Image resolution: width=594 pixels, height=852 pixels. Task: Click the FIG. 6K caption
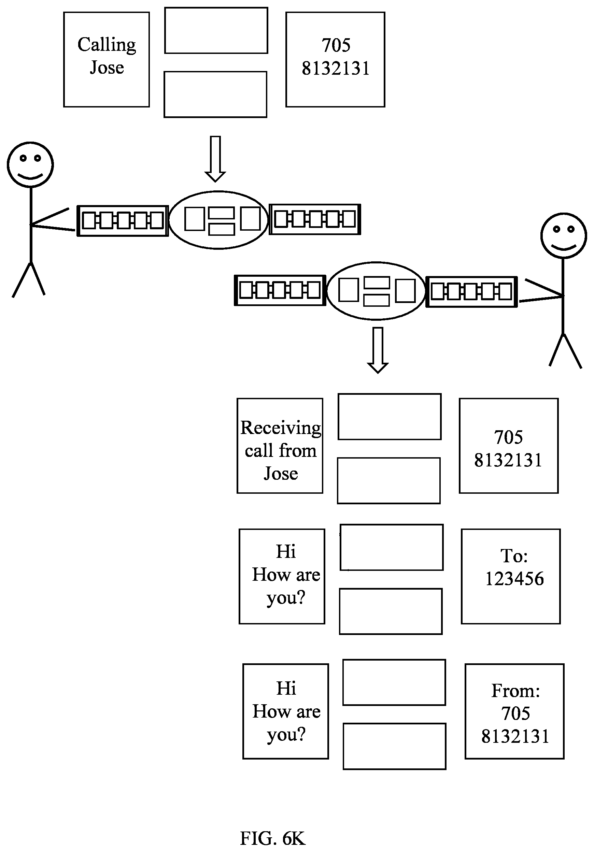pos(273,838)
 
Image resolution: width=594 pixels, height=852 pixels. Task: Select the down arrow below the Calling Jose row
pos(215,159)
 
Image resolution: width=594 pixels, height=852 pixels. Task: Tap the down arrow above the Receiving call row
pos(378,350)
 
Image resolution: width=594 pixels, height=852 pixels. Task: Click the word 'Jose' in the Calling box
pos(107,68)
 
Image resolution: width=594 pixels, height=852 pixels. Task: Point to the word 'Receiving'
pos(281,428)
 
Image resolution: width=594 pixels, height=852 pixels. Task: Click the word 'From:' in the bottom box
pos(516,691)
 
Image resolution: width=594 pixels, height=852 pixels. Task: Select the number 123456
pos(514,578)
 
